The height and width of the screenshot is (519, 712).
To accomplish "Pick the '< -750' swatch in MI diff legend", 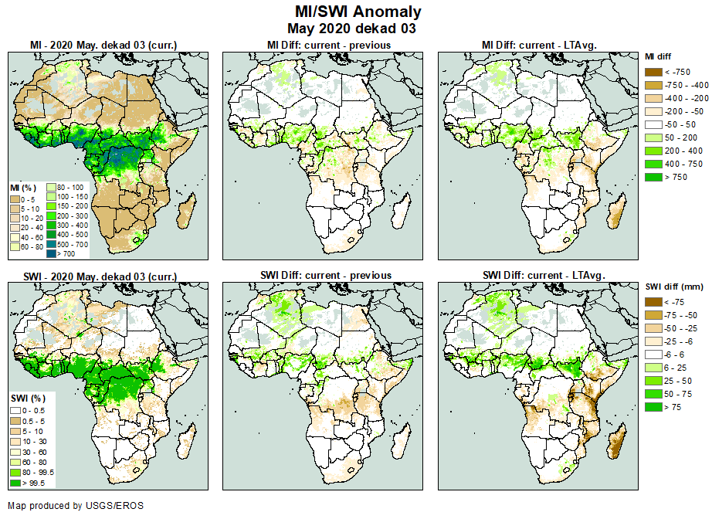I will point(653,71).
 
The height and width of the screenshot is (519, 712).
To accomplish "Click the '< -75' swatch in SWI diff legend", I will point(653,302).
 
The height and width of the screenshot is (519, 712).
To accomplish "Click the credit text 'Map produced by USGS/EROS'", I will point(76,506).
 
